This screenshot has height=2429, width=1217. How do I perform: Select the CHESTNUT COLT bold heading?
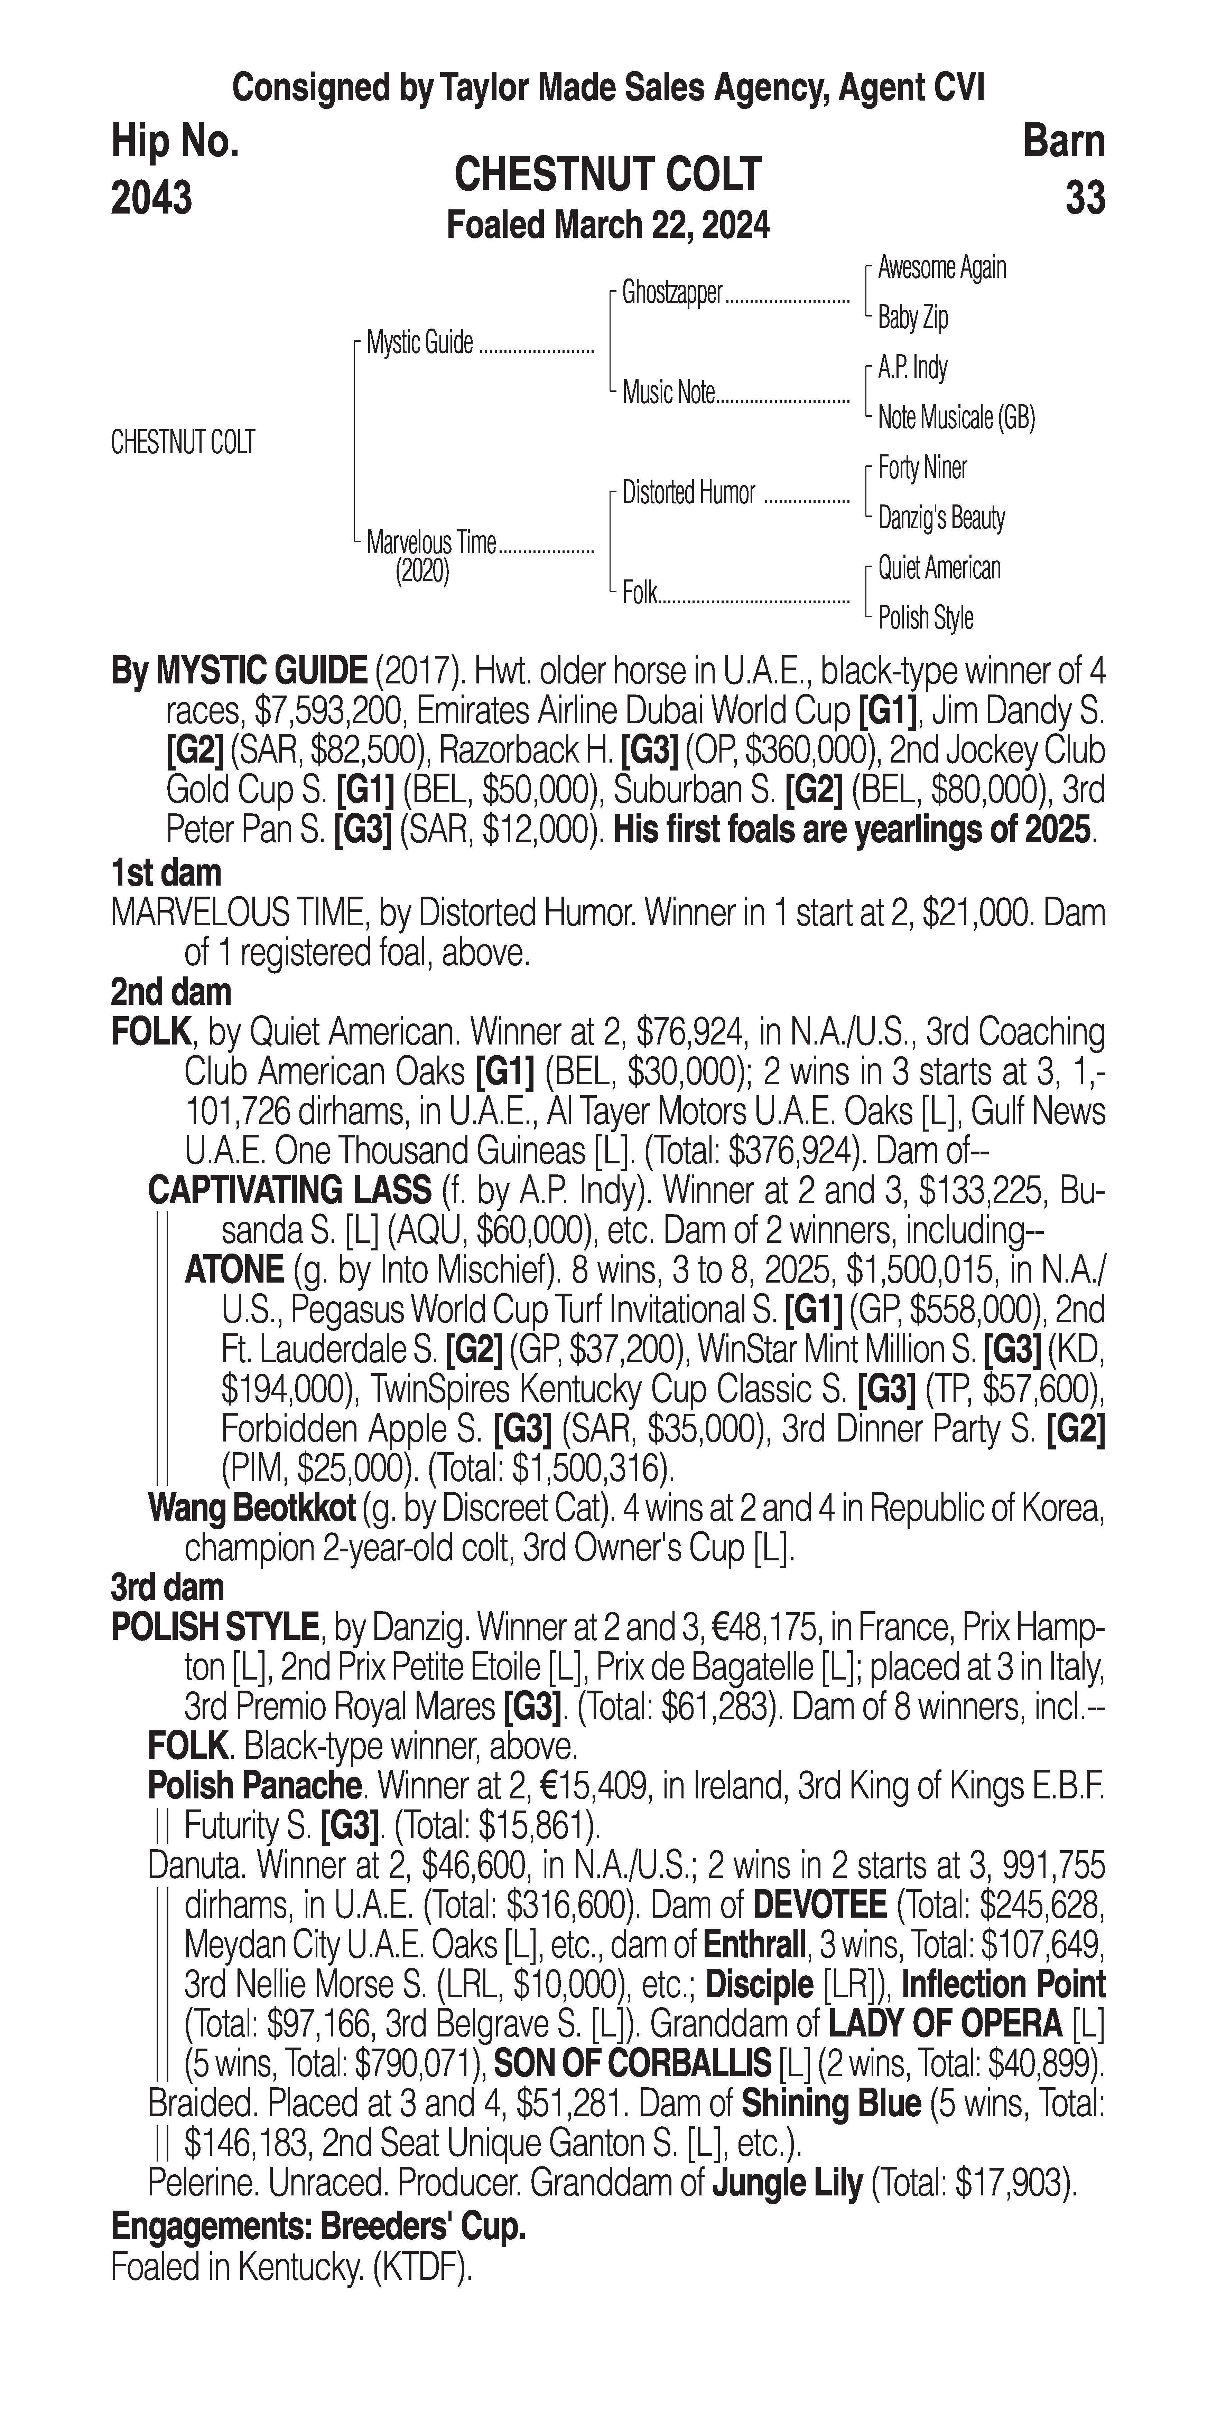point(607,174)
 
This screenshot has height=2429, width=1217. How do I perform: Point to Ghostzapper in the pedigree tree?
point(672,293)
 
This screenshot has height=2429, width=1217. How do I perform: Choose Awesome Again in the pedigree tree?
point(941,268)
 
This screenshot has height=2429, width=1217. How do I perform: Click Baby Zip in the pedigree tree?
point(912,318)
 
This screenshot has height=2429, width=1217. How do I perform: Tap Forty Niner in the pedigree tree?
point(922,468)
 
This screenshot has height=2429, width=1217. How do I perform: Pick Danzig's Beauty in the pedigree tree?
point(940,518)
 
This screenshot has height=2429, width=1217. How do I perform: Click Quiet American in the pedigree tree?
point(939,568)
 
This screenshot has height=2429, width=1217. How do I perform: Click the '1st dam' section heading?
point(166,872)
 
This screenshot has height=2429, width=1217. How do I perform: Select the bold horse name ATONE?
point(234,1270)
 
